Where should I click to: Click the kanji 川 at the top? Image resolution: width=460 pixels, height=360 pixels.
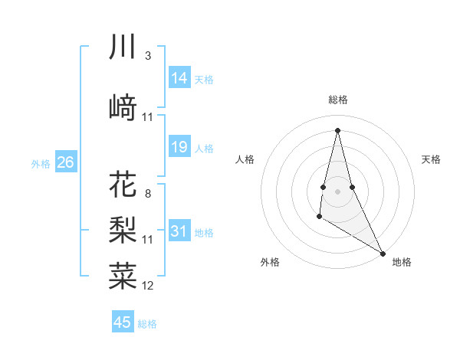click(x=123, y=47)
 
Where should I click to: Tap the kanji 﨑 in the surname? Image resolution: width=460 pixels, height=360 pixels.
click(x=123, y=107)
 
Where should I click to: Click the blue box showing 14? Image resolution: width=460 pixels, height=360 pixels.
click(x=179, y=77)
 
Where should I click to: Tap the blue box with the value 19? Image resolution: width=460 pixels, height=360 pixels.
click(x=179, y=148)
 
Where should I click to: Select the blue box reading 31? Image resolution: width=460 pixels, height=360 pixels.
click(x=179, y=231)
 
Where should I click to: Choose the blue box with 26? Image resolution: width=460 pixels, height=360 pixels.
click(x=65, y=162)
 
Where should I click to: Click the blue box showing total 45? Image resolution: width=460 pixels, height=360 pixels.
click(x=123, y=322)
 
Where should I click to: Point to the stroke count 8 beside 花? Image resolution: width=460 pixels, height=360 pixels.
click(x=147, y=193)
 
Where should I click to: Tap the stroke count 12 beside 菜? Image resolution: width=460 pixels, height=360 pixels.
click(x=148, y=286)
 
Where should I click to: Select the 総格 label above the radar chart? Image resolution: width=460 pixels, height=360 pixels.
click(x=338, y=100)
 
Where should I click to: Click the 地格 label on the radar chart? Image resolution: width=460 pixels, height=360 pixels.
click(x=402, y=262)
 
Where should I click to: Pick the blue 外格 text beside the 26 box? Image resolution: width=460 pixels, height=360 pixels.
click(x=41, y=163)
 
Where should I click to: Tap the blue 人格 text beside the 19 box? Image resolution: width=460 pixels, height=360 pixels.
click(x=204, y=149)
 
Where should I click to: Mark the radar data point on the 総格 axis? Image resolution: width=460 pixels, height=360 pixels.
click(x=337, y=129)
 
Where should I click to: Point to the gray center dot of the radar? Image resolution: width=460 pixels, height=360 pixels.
click(x=337, y=181)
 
